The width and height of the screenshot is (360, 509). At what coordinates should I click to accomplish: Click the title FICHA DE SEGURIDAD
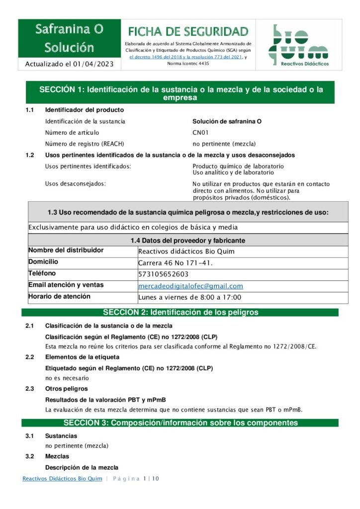coord(188,32)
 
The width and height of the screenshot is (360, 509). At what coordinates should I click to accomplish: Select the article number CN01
coord(200,133)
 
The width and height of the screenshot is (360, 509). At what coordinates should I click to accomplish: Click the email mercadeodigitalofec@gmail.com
coord(190,286)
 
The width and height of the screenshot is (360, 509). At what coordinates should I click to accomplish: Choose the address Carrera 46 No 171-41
coord(176,262)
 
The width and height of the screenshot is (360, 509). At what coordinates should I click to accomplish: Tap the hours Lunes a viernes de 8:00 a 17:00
coord(189,297)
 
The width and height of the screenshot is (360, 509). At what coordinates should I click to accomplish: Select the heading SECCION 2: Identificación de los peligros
coord(180,313)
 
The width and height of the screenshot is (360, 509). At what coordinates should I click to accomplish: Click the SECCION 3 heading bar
coord(180,423)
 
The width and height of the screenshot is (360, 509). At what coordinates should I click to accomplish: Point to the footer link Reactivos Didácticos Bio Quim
coord(62,479)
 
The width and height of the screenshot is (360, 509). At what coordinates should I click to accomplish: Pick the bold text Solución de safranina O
coord(227,121)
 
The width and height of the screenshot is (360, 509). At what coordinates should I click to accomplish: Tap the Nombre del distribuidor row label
coord(66,251)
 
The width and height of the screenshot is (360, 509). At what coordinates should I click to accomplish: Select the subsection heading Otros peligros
coord(66,389)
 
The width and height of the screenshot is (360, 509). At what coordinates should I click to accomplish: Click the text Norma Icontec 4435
coord(188,64)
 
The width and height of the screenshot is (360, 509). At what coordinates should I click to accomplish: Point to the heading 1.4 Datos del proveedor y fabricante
coord(187,241)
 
